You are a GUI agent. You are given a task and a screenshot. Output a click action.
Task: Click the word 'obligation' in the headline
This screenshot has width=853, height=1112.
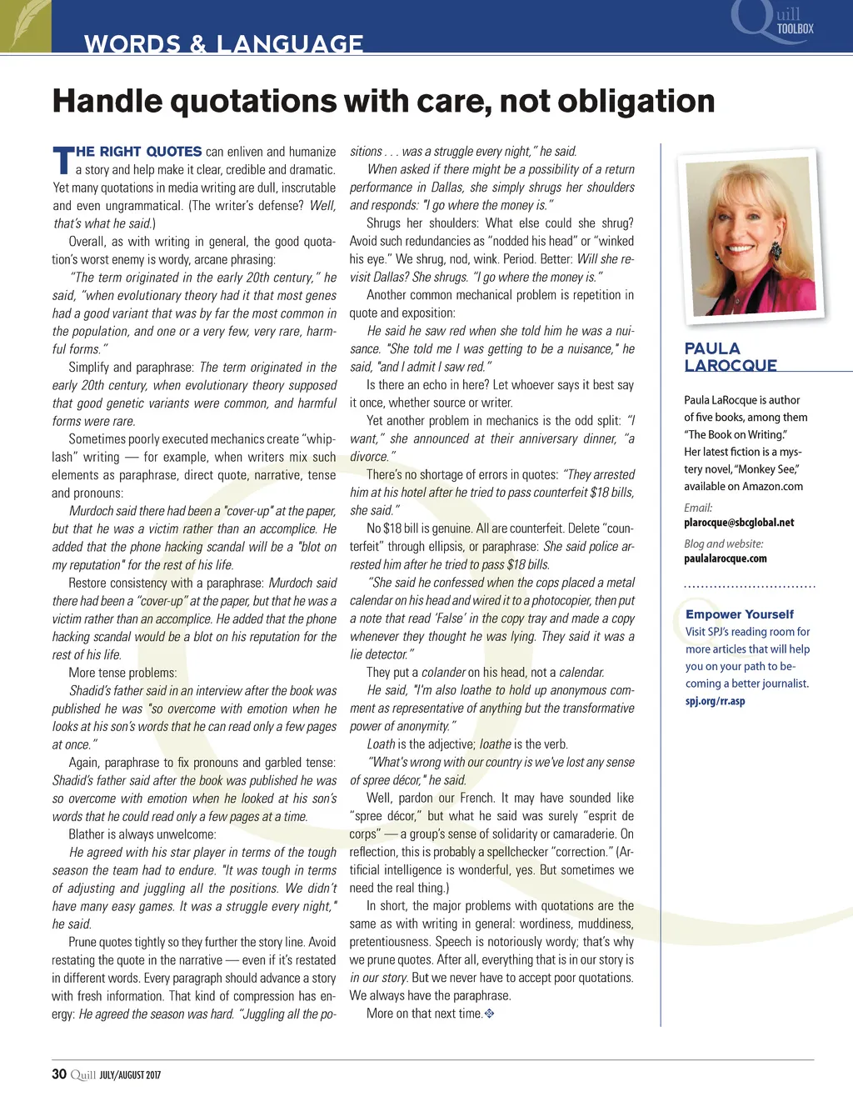[x=636, y=102]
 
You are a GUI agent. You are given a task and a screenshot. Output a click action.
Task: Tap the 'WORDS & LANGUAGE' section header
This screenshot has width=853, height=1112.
[x=223, y=43]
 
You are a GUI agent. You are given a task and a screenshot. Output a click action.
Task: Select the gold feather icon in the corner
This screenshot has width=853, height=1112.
[x=25, y=25]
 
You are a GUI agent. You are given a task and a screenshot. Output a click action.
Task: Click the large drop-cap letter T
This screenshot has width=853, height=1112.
[x=62, y=161]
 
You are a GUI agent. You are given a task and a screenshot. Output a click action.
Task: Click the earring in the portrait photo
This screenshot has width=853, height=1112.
[x=776, y=249]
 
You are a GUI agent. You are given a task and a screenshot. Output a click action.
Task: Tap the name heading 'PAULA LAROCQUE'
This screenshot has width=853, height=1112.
[x=731, y=357]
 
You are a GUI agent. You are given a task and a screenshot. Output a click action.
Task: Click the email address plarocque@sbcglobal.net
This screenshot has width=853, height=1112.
[x=739, y=523]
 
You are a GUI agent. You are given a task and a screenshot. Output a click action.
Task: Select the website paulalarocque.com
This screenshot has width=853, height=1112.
[x=725, y=559]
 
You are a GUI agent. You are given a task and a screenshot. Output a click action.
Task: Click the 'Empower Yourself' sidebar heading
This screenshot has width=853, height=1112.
[x=739, y=614]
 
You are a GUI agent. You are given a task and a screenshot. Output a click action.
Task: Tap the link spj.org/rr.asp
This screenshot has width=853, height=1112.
[x=715, y=701]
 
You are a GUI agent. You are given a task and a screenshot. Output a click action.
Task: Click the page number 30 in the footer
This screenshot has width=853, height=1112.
[x=59, y=1074]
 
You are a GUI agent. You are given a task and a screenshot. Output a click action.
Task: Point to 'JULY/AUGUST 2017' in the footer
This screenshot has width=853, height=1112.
[x=130, y=1075]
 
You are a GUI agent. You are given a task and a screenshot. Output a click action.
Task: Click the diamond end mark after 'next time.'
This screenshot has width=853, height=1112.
[x=490, y=1014]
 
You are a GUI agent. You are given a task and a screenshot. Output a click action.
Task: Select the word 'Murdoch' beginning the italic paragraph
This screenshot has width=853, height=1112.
[x=91, y=511]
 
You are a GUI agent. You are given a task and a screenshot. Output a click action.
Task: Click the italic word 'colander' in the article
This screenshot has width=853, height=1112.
[x=443, y=672]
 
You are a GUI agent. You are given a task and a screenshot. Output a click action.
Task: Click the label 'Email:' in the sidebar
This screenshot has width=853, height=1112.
[x=698, y=508]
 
